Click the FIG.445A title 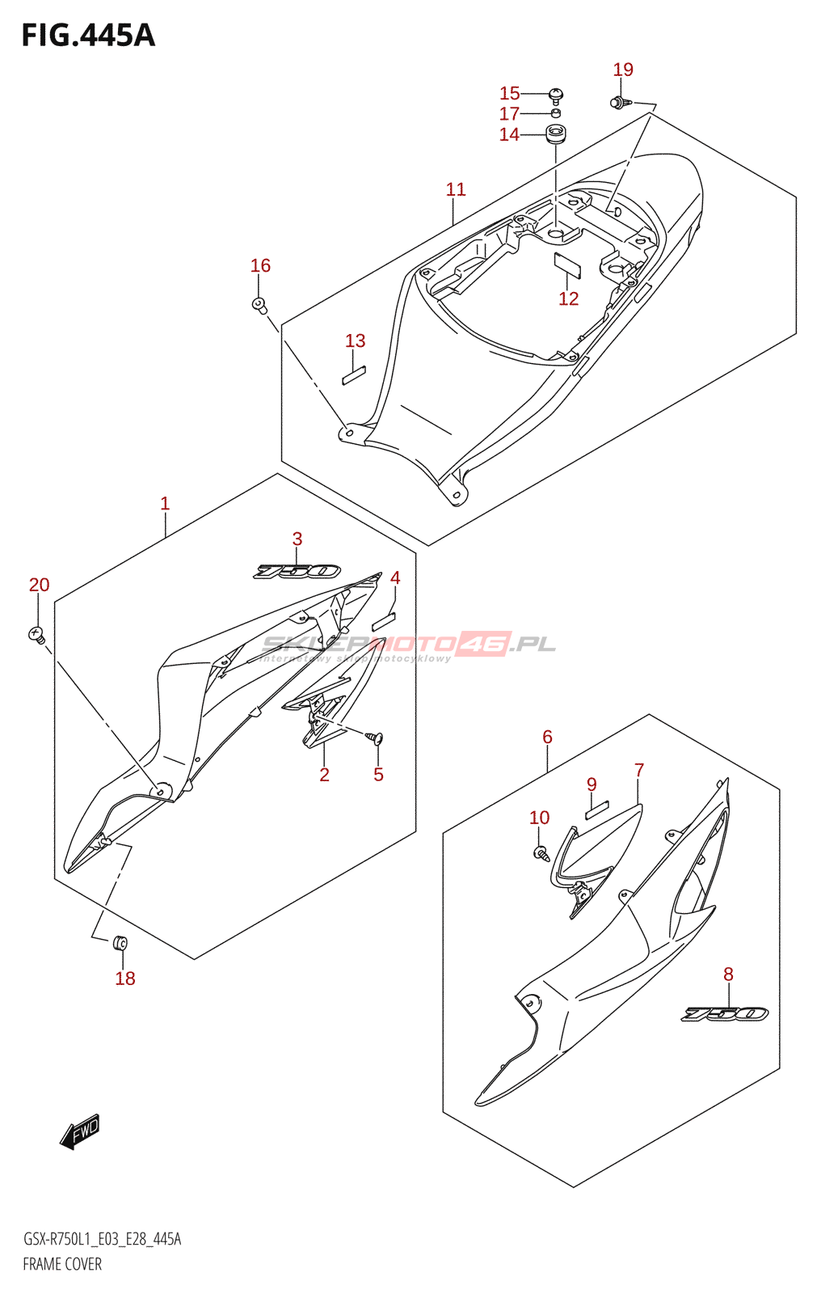pos(87,35)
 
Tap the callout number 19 pos(623,70)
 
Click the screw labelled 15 pos(555,95)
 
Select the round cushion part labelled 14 pos(555,133)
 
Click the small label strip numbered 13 pos(354,375)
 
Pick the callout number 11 pos(456,189)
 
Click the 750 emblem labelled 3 pos(297,572)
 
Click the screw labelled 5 pos(375,737)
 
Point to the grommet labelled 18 pos(121,942)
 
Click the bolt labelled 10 pos(541,852)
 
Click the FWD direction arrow pos(80,1131)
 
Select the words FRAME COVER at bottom pos(62,1264)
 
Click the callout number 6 pos(547,737)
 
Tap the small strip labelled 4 pos(384,621)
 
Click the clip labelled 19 pos(618,102)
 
